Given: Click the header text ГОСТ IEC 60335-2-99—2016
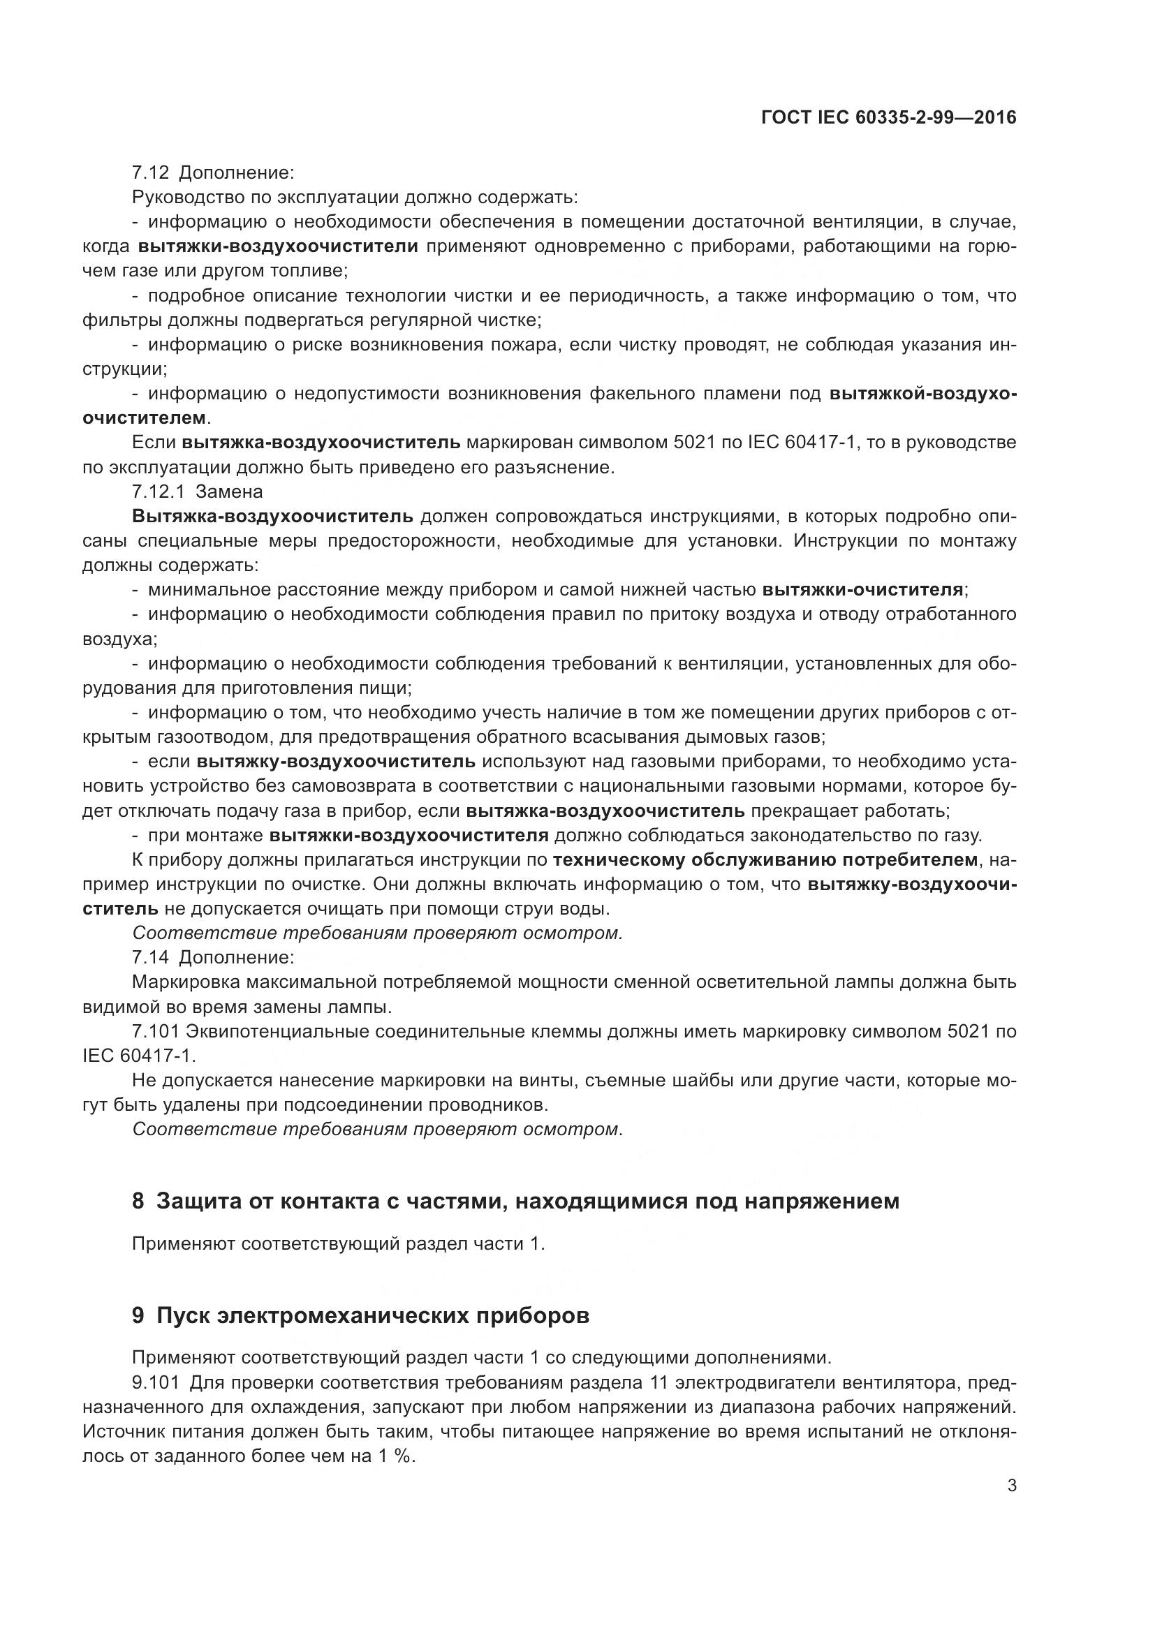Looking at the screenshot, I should pyautogui.click(x=888, y=117).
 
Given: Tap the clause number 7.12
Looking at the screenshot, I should pyautogui.click(x=150, y=173).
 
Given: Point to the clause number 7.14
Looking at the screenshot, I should pyautogui.click(x=150, y=957).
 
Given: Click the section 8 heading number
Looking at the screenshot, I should pyautogui.click(x=138, y=1202).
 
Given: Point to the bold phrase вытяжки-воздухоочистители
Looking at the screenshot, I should pyautogui.click(x=278, y=246).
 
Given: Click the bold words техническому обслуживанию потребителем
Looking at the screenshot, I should pyautogui.click(x=765, y=860).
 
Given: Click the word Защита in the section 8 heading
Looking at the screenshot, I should pyautogui.click(x=196, y=1202).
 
